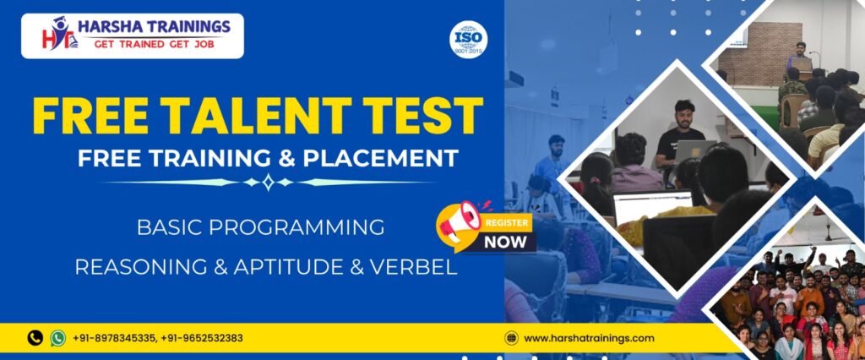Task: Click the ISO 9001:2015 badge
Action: click(468, 39)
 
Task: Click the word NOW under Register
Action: click(505, 242)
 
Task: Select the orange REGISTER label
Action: click(507, 223)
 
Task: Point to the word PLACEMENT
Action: click(381, 158)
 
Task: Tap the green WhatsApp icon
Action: click(57, 338)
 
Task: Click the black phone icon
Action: click(35, 338)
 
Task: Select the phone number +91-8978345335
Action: click(114, 338)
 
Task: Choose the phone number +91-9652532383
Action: click(202, 338)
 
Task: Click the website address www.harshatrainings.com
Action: click(589, 338)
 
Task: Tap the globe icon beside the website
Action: click(511, 338)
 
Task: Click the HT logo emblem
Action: click(60, 34)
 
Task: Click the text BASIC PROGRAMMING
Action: click(260, 227)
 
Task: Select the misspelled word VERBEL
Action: click(413, 267)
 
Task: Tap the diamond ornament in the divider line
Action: click(268, 182)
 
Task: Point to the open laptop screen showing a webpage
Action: click(653, 206)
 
